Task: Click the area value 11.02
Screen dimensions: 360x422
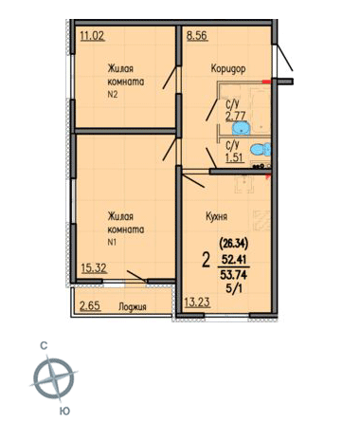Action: pos(92,36)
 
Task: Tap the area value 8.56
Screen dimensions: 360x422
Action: pos(197,35)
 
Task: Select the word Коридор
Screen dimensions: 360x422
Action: pos(228,68)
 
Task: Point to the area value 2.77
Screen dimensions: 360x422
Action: pos(235,116)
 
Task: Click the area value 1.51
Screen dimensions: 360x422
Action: pos(235,157)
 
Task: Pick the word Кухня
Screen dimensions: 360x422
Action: pos(216,217)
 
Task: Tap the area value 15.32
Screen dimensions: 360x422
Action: pos(94,268)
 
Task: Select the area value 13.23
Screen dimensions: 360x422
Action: pos(197,303)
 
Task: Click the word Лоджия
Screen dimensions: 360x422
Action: pos(133,307)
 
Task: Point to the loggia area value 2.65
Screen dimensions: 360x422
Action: pos(90,306)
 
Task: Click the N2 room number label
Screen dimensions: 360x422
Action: pos(113,94)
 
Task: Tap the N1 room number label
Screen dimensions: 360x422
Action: pos(113,243)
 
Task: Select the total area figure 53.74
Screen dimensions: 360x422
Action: pos(234,275)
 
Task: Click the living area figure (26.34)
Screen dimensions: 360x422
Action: pos(234,244)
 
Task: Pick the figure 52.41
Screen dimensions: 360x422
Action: pos(234,260)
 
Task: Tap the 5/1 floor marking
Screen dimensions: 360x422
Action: pos(234,289)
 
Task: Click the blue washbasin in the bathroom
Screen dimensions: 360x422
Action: pos(242,129)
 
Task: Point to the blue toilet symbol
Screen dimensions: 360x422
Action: pos(261,149)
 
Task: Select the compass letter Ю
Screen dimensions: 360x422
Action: pos(64,411)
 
